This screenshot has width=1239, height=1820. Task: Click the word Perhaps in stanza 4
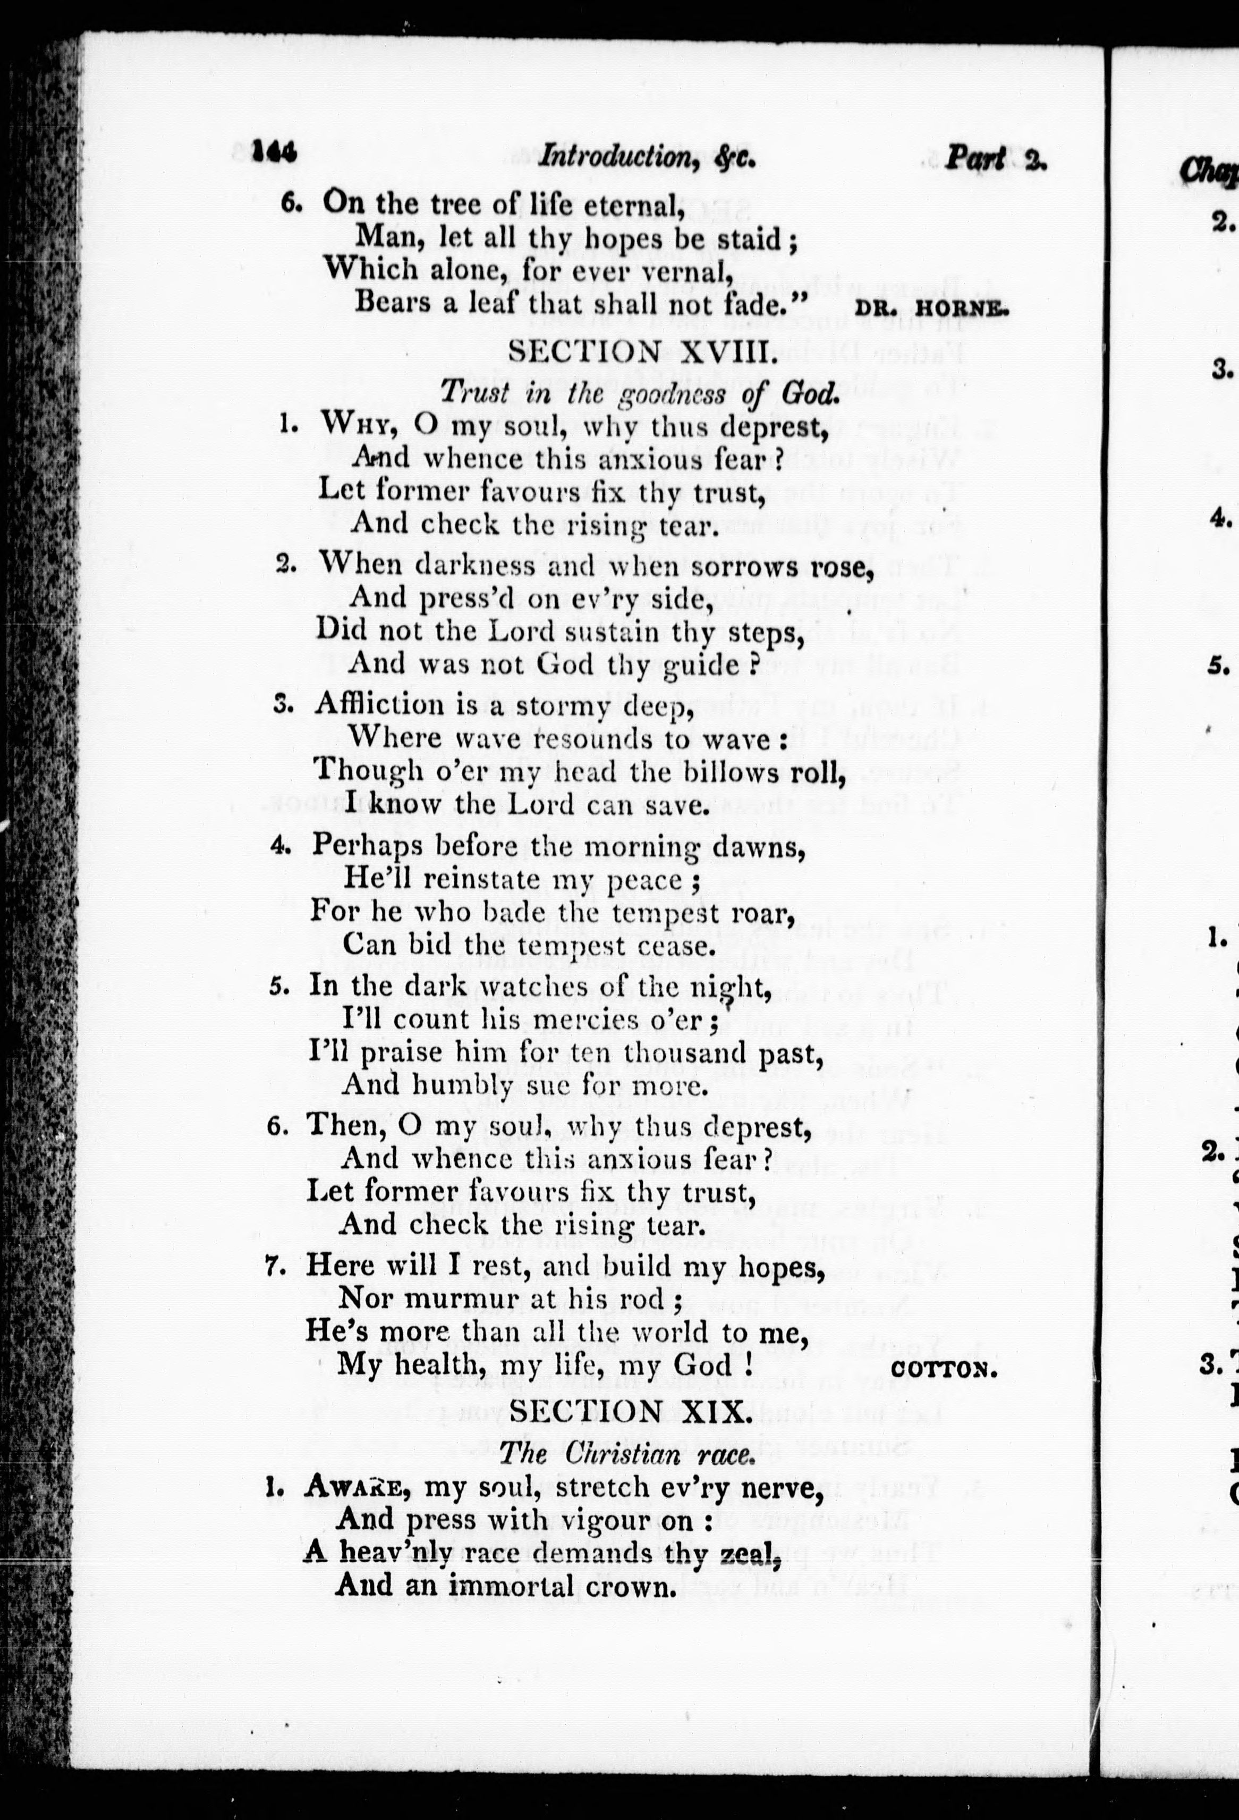coord(367,847)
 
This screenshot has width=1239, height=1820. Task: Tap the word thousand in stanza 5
coord(700,1054)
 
